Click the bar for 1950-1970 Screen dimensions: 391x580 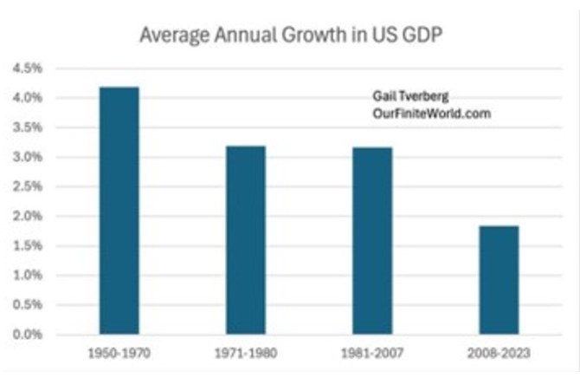tap(119, 211)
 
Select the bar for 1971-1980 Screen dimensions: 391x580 tap(245, 240)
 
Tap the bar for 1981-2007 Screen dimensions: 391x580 tap(372, 241)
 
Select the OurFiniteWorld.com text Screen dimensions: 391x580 tap(430, 114)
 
